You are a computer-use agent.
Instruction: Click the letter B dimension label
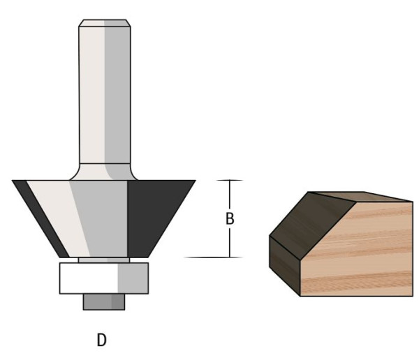pyautogui.click(x=230, y=219)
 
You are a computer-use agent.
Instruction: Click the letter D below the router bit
pyautogui.click(x=101, y=340)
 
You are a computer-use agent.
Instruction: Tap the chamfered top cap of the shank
pyautogui.click(x=105, y=23)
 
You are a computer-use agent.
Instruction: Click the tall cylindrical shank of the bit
pyautogui.click(x=105, y=95)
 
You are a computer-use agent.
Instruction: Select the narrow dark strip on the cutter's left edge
pyautogui.click(x=40, y=218)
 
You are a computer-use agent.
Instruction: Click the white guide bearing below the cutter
pyautogui.click(x=104, y=278)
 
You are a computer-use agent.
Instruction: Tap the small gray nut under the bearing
pyautogui.click(x=104, y=302)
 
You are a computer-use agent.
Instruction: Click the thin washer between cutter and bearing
pyautogui.click(x=104, y=260)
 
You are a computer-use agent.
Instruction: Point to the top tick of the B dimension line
pyautogui.click(x=230, y=180)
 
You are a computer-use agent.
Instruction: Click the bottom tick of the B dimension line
pyautogui.click(x=214, y=257)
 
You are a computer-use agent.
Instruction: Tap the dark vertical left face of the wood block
pyautogui.click(x=285, y=266)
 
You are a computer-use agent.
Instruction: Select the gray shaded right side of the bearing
pyautogui.click(x=133, y=278)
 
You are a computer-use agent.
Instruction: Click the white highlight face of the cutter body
pyautogui.click(x=57, y=218)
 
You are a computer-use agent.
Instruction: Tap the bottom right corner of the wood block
pyautogui.click(x=413, y=296)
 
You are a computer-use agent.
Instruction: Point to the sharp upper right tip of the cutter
pyautogui.click(x=196, y=181)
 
